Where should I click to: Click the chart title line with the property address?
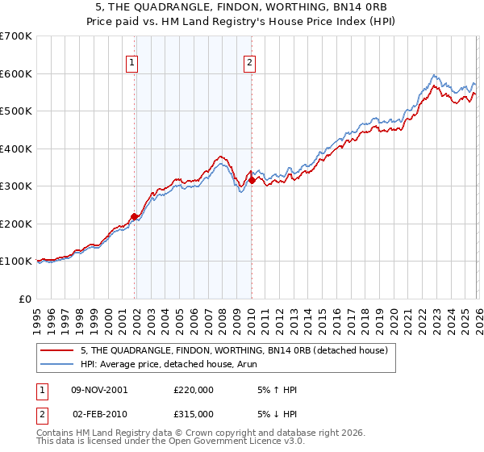[x=242, y=6]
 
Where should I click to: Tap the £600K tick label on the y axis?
[x=16, y=73]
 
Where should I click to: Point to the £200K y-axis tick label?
[x=16, y=224]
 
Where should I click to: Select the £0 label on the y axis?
[x=26, y=299]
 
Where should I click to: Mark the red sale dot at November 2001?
[x=135, y=216]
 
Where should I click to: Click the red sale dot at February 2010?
[x=252, y=181]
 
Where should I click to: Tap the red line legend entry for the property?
[x=235, y=350]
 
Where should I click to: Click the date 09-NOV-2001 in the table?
[x=99, y=390]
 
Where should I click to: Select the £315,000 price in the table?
[x=193, y=414]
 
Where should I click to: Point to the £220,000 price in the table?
[x=193, y=390]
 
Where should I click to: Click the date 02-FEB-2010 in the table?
[x=99, y=414]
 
